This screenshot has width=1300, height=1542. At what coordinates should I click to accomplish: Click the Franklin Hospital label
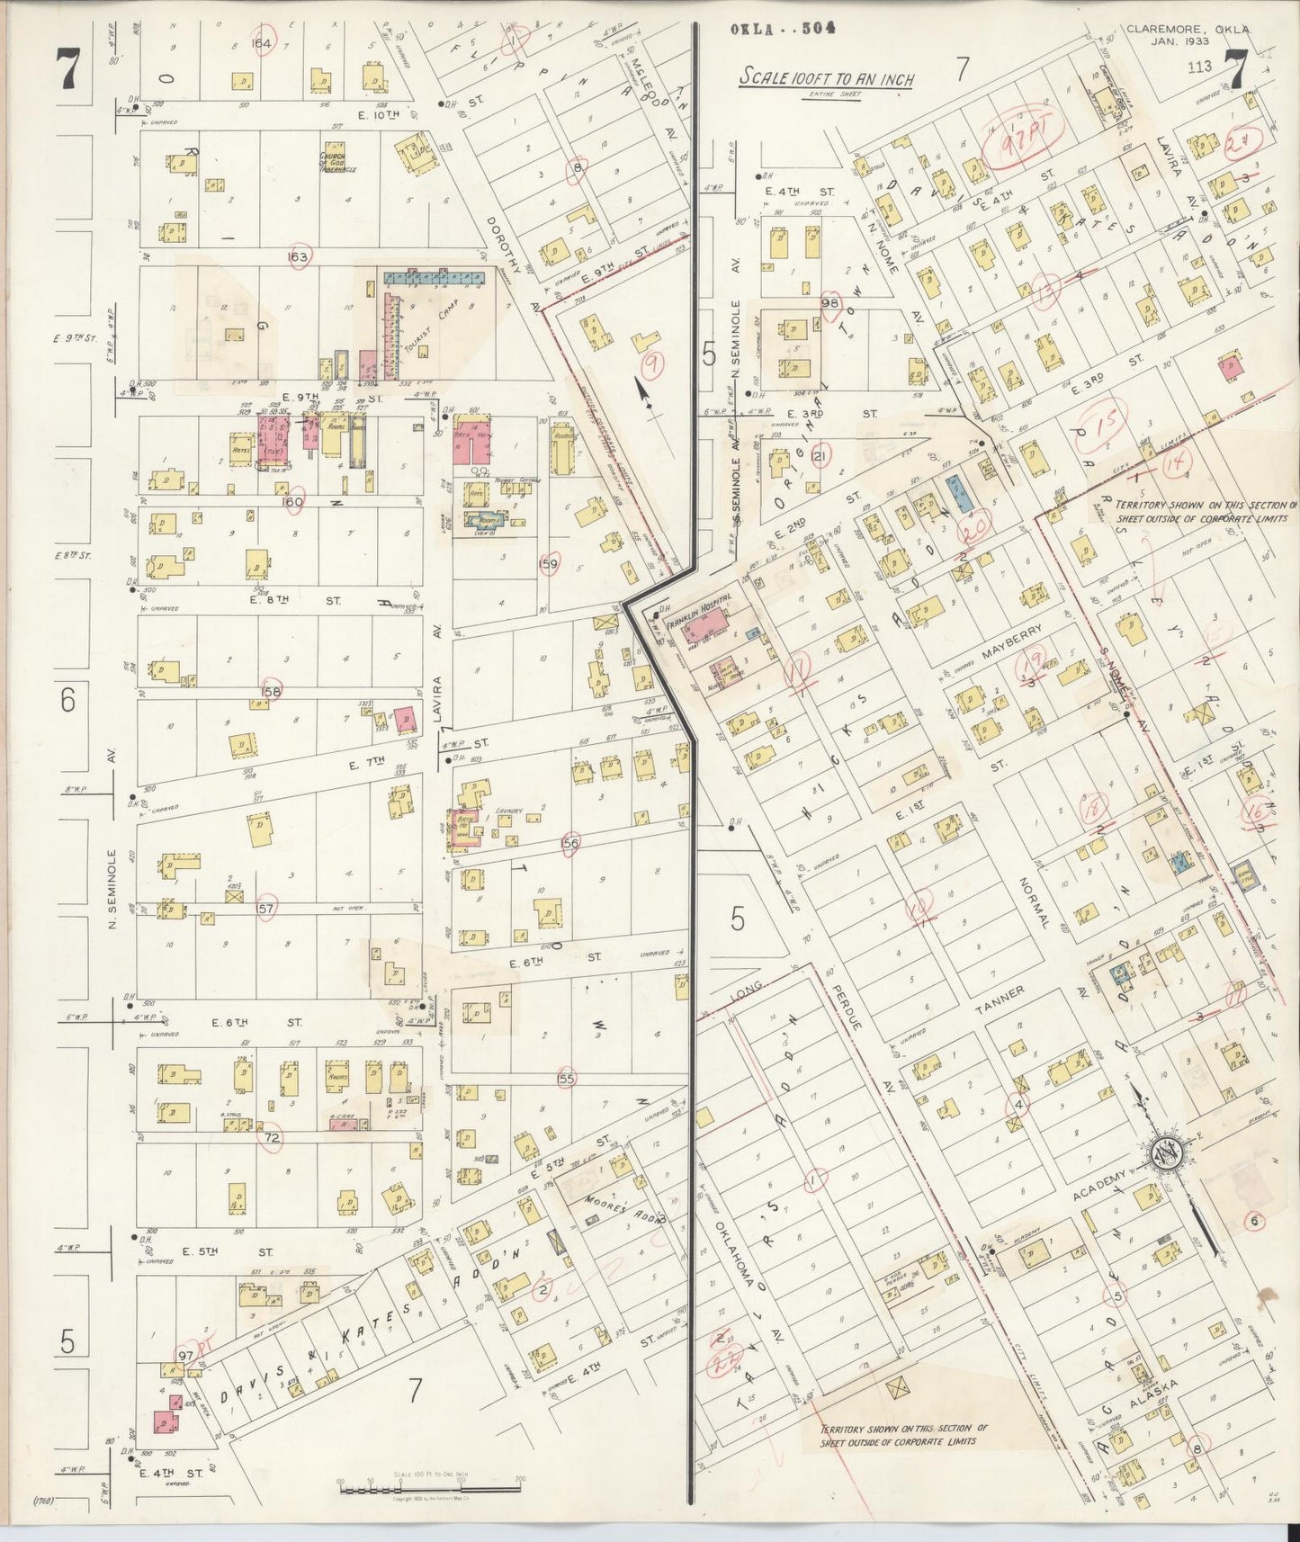coord(704,610)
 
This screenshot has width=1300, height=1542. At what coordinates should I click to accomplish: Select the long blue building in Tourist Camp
coord(435,277)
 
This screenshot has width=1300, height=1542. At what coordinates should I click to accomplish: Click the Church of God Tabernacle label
coord(338,163)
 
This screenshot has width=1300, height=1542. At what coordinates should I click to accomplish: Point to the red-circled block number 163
coord(298,256)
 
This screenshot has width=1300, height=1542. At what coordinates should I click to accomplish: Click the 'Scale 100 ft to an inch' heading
coord(826,79)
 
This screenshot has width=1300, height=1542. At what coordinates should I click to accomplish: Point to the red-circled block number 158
coord(271,691)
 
